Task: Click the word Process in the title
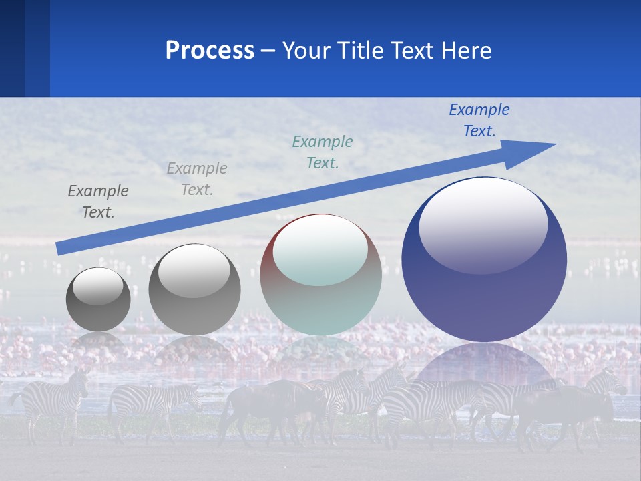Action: (210, 51)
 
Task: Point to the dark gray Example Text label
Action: (98, 202)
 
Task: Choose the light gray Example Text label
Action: (197, 179)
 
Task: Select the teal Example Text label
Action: (323, 152)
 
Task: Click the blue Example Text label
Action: (479, 120)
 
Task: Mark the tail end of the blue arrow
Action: (60, 249)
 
